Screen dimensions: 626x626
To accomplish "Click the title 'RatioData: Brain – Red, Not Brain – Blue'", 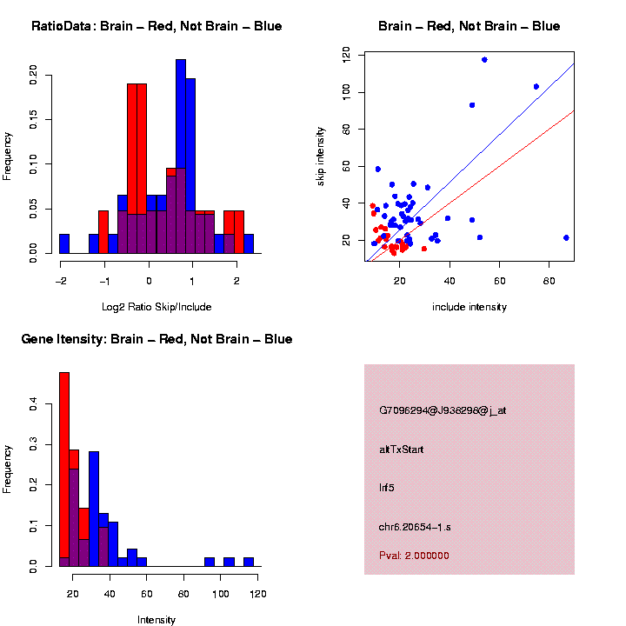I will pos(156,26).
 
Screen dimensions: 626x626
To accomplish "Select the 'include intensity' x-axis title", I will pos(469,306).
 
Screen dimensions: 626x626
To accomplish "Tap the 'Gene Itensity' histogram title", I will pos(156,339).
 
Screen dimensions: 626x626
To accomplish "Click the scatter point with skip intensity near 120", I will pos(484,59).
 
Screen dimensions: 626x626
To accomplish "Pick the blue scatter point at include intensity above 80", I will pos(566,237).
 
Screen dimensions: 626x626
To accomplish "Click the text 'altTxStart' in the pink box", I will pos(402,450).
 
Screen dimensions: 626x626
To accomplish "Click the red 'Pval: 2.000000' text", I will pos(414,556).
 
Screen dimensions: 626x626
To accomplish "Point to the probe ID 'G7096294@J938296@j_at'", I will pos(443,410).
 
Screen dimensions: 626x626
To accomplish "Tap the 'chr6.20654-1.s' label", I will pos(415,527).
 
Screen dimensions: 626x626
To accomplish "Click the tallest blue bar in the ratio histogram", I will pos(181,156).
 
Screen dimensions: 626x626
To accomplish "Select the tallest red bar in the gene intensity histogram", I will pos(64,469).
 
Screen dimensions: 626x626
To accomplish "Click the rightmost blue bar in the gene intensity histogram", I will pos(249,562).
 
